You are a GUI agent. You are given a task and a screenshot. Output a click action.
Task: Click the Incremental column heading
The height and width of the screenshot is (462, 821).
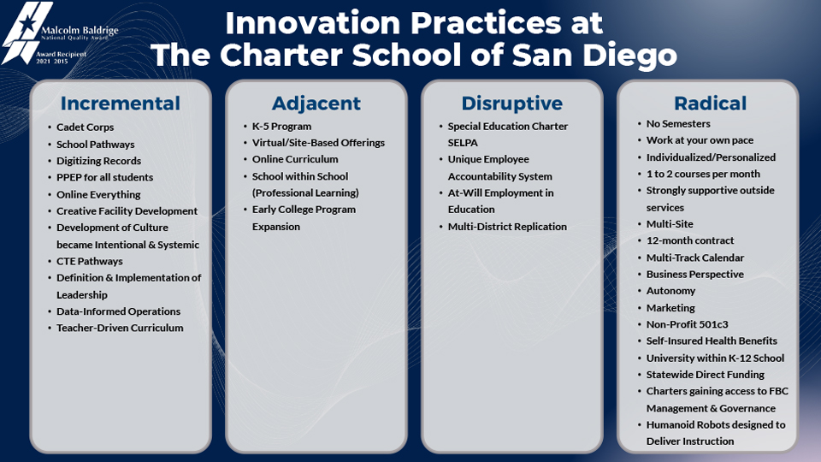pyautogui.click(x=121, y=104)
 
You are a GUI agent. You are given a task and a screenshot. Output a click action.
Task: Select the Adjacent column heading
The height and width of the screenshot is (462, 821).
pyautogui.click(x=316, y=104)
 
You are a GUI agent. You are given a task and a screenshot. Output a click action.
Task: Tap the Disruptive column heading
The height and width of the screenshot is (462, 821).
pyautogui.click(x=511, y=104)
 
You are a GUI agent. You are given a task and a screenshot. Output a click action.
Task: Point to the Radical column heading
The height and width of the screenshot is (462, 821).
pyautogui.click(x=710, y=104)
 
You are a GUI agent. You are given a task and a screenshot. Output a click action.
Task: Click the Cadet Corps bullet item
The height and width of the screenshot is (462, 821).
pyautogui.click(x=85, y=127)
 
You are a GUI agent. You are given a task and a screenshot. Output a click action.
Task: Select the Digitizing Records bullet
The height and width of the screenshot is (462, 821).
pyautogui.click(x=98, y=161)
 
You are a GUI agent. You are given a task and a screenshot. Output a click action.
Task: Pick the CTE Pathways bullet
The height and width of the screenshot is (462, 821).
pyautogui.click(x=89, y=261)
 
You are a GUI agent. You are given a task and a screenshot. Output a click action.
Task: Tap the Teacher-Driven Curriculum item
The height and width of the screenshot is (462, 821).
pyautogui.click(x=120, y=328)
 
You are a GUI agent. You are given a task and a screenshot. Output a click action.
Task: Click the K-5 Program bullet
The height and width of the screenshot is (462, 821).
pyautogui.click(x=281, y=127)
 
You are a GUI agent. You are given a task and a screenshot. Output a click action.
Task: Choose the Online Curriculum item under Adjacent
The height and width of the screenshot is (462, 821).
pyautogui.click(x=295, y=159)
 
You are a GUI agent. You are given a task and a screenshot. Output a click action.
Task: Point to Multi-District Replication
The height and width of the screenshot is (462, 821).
pyautogui.click(x=507, y=227)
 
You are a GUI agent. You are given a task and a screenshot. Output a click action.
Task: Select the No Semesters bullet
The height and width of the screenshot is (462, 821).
pyautogui.click(x=678, y=124)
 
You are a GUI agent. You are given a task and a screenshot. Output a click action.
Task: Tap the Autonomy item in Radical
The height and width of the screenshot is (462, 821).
pyautogui.click(x=670, y=291)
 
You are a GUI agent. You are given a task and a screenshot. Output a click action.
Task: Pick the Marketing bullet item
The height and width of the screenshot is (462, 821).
pyautogui.click(x=670, y=308)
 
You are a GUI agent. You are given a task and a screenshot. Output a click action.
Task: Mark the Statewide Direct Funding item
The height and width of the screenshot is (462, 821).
pyautogui.click(x=705, y=375)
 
